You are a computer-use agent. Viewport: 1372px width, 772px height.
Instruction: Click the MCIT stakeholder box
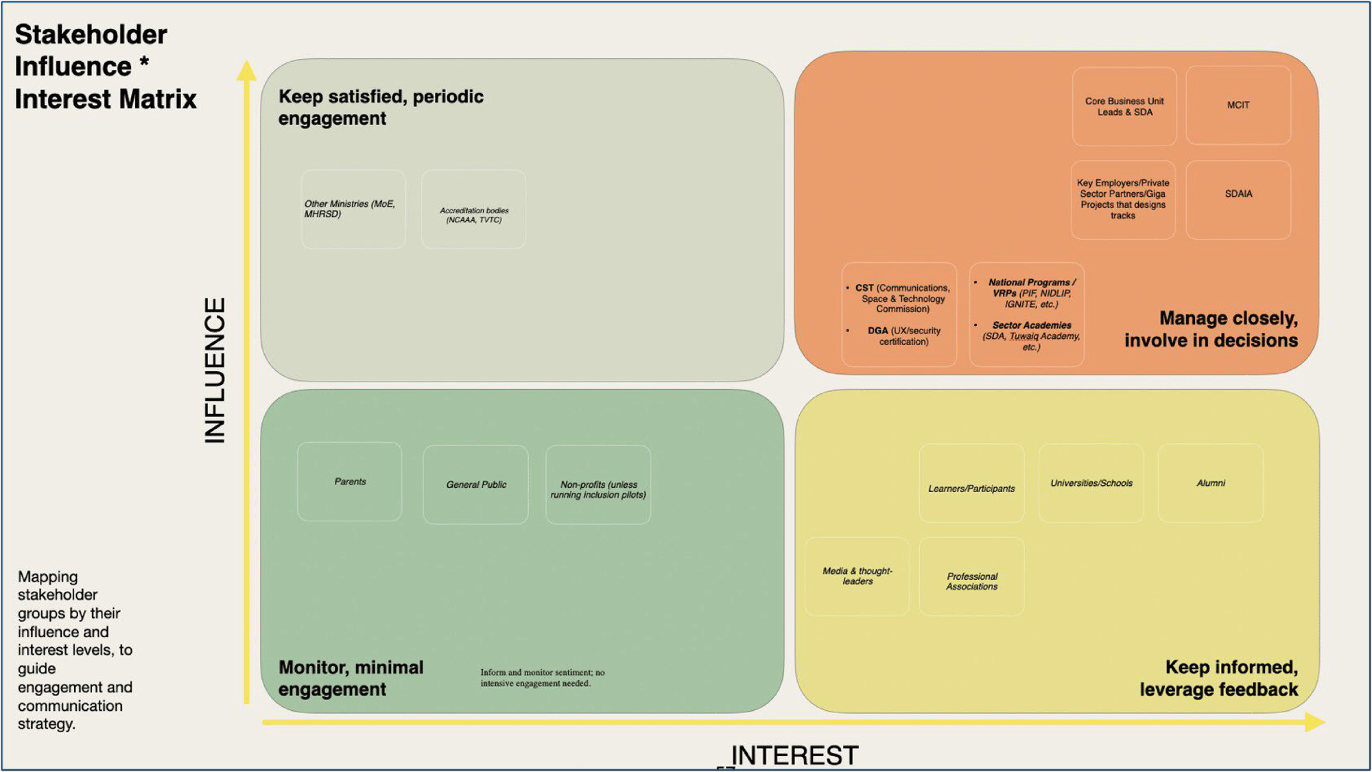(x=1238, y=105)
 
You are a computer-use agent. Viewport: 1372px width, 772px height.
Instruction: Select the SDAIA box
(x=1238, y=200)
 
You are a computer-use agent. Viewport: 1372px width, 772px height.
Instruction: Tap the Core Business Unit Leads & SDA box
(x=1124, y=106)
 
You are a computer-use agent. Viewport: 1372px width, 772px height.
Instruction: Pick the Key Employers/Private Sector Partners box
(x=1123, y=200)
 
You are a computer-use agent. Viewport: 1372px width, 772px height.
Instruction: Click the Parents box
(x=350, y=482)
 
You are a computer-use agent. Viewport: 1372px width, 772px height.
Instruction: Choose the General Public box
(x=476, y=484)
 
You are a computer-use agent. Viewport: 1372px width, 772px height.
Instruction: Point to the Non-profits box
(x=598, y=484)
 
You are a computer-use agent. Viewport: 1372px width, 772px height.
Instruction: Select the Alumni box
(x=1211, y=483)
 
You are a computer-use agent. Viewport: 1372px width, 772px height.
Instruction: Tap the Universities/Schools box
(x=1091, y=483)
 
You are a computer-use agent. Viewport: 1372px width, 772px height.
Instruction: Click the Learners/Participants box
(x=971, y=483)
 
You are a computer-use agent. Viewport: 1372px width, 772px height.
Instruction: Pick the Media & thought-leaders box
(x=858, y=576)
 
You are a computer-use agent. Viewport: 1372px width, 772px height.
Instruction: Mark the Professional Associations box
(x=971, y=576)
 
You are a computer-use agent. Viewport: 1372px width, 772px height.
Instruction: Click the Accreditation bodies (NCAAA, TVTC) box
(x=474, y=209)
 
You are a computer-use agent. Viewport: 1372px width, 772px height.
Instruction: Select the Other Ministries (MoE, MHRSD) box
(x=353, y=209)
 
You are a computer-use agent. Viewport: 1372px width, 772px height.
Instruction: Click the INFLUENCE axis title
(x=215, y=371)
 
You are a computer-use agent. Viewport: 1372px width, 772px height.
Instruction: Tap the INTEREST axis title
(x=794, y=756)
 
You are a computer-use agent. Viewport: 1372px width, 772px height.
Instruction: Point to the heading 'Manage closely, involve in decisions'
(x=1211, y=329)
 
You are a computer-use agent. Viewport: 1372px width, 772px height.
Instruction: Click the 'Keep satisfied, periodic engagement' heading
(x=381, y=107)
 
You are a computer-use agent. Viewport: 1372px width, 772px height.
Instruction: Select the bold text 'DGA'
(x=878, y=331)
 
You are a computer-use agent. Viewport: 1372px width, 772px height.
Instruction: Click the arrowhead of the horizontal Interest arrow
(x=1316, y=722)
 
